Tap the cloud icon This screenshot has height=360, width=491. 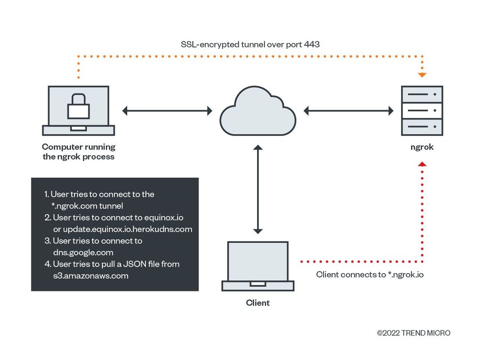258,111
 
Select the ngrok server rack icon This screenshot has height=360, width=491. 422,110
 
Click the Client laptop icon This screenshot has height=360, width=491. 258,266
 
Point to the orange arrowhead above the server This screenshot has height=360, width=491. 422,75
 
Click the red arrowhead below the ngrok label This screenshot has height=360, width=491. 422,164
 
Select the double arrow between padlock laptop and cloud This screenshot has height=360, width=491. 167,110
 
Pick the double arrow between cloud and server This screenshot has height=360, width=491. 348,110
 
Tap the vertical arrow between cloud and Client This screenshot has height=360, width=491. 258,189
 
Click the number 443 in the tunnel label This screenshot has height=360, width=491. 312,44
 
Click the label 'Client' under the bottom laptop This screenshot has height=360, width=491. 258,303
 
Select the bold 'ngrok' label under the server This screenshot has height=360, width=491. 422,147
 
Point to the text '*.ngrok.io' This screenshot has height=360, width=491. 406,274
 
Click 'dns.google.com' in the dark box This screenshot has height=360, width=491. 83,253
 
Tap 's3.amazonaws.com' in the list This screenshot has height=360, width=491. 91,276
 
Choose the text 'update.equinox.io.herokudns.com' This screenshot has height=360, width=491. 128,229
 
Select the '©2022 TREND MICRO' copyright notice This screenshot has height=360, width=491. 413,333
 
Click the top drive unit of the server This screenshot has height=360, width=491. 422,94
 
